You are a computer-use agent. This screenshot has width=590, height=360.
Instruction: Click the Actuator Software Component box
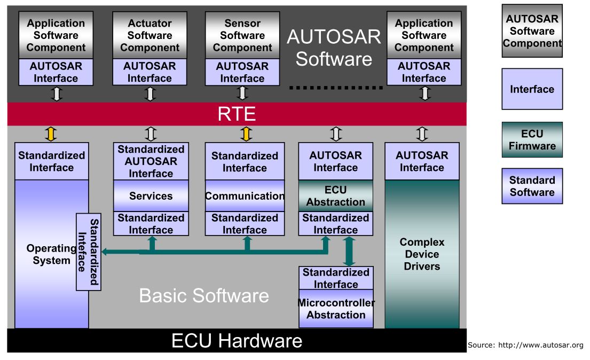click(x=150, y=35)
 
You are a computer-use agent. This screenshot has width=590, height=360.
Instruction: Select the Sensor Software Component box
click(x=242, y=35)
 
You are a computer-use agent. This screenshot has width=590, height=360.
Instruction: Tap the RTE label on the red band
click(x=237, y=114)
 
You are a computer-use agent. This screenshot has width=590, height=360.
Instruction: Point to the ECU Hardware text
click(x=237, y=341)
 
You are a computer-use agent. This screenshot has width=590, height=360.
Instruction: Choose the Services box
click(x=151, y=196)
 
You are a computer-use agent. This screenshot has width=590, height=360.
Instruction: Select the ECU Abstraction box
click(x=336, y=196)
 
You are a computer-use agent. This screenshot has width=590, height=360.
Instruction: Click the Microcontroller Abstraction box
click(x=336, y=309)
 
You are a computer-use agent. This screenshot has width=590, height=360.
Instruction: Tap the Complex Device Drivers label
click(x=422, y=254)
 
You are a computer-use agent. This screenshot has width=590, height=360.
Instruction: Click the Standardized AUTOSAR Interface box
click(x=151, y=161)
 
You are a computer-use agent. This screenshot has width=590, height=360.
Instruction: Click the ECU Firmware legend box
click(x=532, y=140)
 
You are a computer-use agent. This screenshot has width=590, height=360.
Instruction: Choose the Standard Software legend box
click(x=532, y=186)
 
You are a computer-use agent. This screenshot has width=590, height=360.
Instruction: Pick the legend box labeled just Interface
click(x=532, y=89)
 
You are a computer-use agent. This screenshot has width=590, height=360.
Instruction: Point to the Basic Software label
click(x=204, y=295)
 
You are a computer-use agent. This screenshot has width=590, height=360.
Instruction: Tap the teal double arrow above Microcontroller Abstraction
click(x=349, y=251)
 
